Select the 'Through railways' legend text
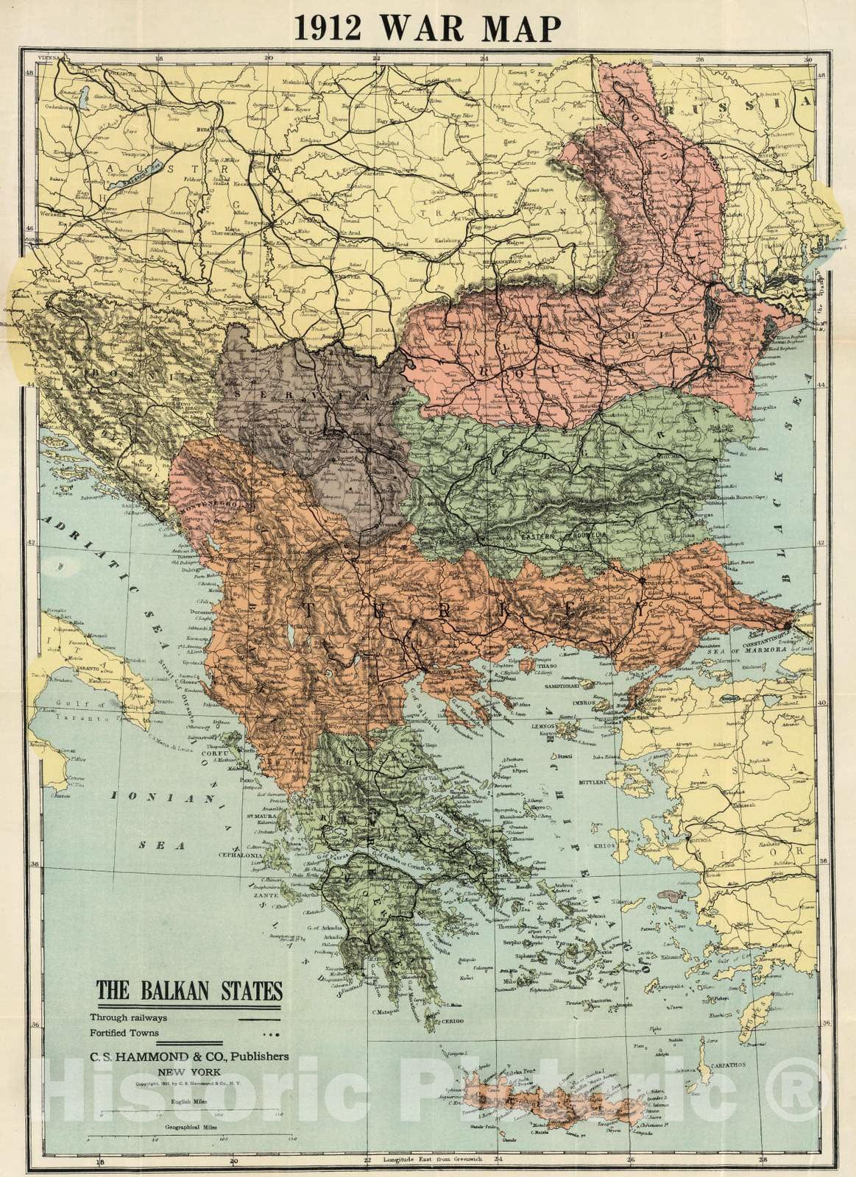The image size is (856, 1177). [129, 1018]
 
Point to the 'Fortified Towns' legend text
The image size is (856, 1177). [127, 1034]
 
